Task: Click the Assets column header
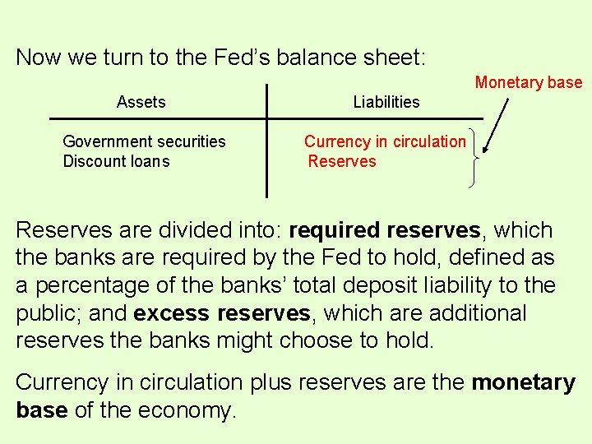point(141,103)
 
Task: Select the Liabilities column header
point(386,103)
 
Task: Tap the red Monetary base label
point(528,82)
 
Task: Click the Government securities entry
point(144,141)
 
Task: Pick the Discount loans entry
point(116,161)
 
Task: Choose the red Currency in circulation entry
point(385,141)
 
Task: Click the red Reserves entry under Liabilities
point(342,161)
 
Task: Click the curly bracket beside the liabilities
point(472,156)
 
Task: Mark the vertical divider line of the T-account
point(266,141)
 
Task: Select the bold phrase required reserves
point(386,229)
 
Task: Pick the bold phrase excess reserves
point(221,313)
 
